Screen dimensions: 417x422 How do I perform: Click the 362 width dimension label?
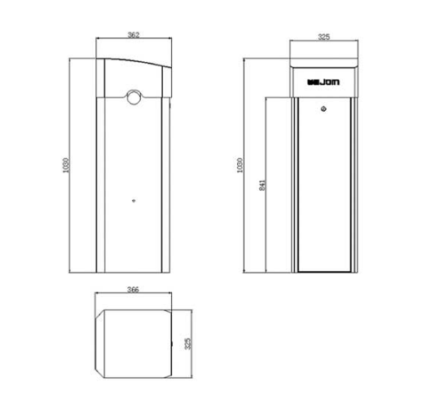pyautogui.click(x=134, y=34)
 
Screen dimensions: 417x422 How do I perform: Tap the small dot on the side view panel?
pyautogui.click(x=133, y=197)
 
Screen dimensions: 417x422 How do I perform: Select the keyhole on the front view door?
pyautogui.click(x=325, y=108)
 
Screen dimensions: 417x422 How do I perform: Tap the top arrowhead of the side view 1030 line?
pyautogui.click(x=73, y=58)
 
